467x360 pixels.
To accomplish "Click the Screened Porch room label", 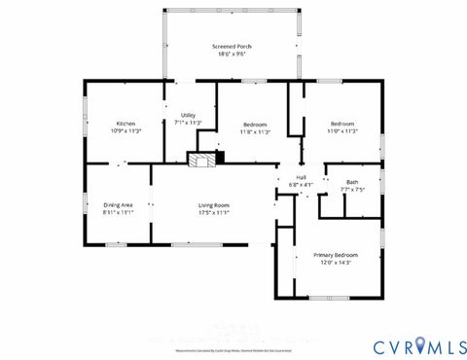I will (x=231, y=46).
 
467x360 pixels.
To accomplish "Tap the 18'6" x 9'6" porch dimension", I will (x=231, y=54).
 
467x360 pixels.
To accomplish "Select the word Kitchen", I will (x=126, y=124).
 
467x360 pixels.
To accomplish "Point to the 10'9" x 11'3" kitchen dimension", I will (x=126, y=130).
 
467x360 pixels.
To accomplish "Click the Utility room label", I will (x=188, y=116).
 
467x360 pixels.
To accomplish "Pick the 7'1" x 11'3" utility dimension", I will (x=188, y=123).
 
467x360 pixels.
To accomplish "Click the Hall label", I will (x=301, y=176).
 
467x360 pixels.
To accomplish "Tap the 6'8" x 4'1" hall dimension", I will (x=301, y=183).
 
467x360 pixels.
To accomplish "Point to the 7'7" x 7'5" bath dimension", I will (x=351, y=189).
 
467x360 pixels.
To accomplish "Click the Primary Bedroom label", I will (x=335, y=254).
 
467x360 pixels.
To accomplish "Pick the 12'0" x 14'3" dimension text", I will (x=335, y=262).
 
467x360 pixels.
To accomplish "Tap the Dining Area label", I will (x=118, y=204).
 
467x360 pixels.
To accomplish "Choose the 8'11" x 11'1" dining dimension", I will (x=118, y=212).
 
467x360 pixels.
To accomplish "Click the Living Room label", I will (x=214, y=204).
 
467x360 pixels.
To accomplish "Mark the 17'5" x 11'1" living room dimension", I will (x=214, y=212).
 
